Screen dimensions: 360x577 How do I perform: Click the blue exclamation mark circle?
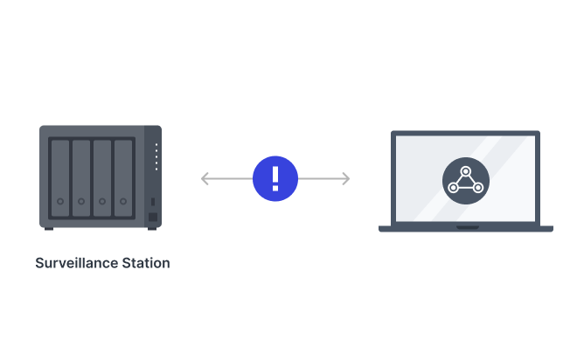[x=275, y=178]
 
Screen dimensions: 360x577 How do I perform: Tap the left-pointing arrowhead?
[x=205, y=178]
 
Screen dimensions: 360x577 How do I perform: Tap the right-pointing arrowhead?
[x=345, y=178]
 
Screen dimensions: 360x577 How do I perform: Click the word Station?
[x=146, y=263]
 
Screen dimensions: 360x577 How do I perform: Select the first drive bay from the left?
[x=60, y=177]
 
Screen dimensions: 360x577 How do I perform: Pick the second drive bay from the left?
[x=81, y=177]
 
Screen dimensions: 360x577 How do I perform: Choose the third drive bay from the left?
[x=102, y=177]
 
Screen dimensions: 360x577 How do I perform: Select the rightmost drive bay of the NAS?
[x=123, y=177]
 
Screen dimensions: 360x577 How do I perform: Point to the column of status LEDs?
[x=156, y=156]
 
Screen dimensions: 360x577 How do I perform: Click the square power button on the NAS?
[x=153, y=217]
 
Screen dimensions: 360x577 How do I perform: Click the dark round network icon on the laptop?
[x=465, y=178]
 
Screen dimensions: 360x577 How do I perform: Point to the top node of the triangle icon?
[x=465, y=170]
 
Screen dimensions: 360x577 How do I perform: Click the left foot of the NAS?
[x=49, y=229]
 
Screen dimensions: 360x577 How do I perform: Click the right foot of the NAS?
[x=152, y=229]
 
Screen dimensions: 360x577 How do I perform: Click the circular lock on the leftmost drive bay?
[x=60, y=202]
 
